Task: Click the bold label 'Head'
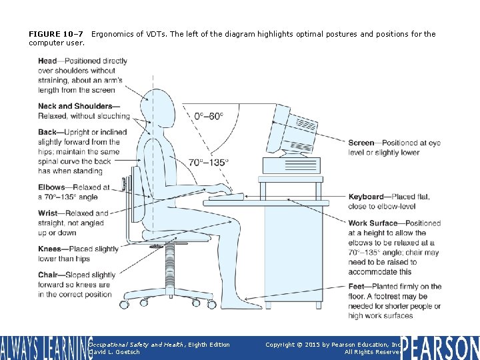(47, 61)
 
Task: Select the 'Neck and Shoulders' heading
(75, 106)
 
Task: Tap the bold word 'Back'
(47, 133)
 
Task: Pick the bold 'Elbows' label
(51, 188)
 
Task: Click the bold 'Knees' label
(50, 249)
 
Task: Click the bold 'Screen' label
(361, 143)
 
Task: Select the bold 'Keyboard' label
(366, 197)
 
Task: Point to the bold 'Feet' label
(357, 287)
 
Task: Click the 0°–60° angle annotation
(209, 116)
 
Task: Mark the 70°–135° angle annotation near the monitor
(208, 162)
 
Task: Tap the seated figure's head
(162, 105)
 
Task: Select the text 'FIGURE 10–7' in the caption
(55, 34)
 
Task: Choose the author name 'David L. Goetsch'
(114, 352)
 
